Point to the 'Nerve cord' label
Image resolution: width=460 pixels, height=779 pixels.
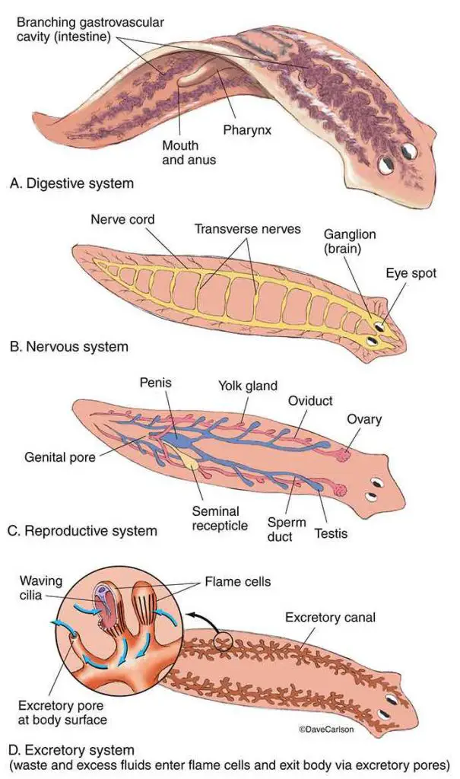[x=122, y=219]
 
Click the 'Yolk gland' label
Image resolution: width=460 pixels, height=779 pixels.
[x=248, y=385]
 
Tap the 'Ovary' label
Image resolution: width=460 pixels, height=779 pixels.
[x=365, y=419]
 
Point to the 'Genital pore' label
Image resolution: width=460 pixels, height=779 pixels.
[x=59, y=456]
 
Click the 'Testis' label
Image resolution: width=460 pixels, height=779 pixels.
[x=331, y=533]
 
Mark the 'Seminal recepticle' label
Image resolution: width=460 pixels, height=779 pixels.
[x=215, y=518]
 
